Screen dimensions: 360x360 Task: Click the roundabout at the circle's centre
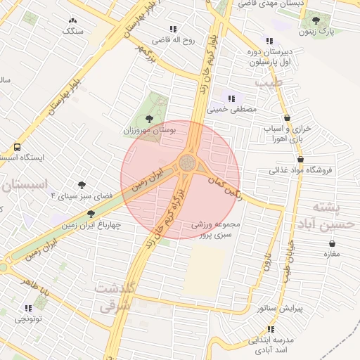point(187,163)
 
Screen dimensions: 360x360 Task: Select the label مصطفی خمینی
point(233,110)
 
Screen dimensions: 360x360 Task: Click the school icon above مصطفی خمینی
point(232,98)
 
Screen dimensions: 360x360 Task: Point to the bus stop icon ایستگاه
point(16,147)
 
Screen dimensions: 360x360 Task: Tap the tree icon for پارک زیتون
point(315,20)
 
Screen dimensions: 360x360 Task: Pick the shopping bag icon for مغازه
point(332,243)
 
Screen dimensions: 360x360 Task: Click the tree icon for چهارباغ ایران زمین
point(91,214)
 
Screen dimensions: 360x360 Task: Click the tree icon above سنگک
point(72,20)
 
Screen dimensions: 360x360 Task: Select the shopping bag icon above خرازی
point(287,118)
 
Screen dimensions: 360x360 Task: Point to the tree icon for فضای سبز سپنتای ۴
point(82,185)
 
